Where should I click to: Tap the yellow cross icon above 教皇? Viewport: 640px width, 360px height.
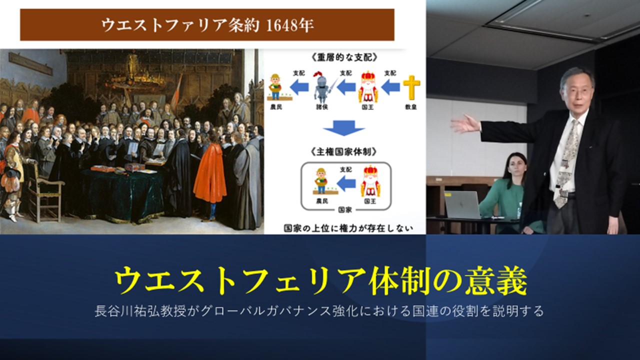pyautogui.click(x=411, y=87)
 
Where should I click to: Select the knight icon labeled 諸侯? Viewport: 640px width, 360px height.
pyautogui.click(x=322, y=87)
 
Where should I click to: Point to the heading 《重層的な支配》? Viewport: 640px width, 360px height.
pyautogui.click(x=344, y=57)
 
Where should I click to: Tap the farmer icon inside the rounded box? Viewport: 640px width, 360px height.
pyautogui.click(x=322, y=181)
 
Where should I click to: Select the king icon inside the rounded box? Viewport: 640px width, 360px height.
pyautogui.click(x=370, y=181)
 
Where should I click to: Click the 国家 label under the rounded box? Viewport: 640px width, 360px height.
pyautogui.click(x=345, y=210)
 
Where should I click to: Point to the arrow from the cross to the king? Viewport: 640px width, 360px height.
pyautogui.click(x=390, y=87)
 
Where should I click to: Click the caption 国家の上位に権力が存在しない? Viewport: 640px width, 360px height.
pyautogui.click(x=348, y=228)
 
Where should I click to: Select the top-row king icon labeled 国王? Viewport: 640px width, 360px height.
pyautogui.click(x=368, y=87)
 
